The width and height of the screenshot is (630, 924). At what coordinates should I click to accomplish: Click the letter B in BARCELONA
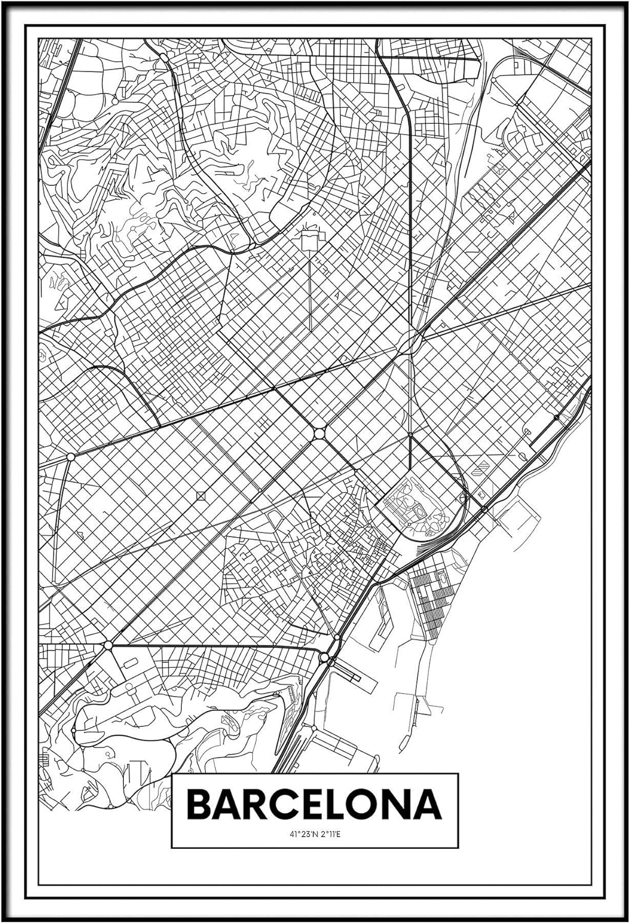pos(200,804)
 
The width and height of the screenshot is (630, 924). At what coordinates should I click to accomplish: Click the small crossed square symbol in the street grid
pos(201,495)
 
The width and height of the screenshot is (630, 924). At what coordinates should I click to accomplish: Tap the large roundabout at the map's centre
pos(319,434)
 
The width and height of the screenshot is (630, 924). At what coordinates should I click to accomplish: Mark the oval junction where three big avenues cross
pos(409,341)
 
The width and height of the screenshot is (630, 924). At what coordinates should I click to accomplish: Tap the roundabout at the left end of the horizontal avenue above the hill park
pos(108,645)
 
